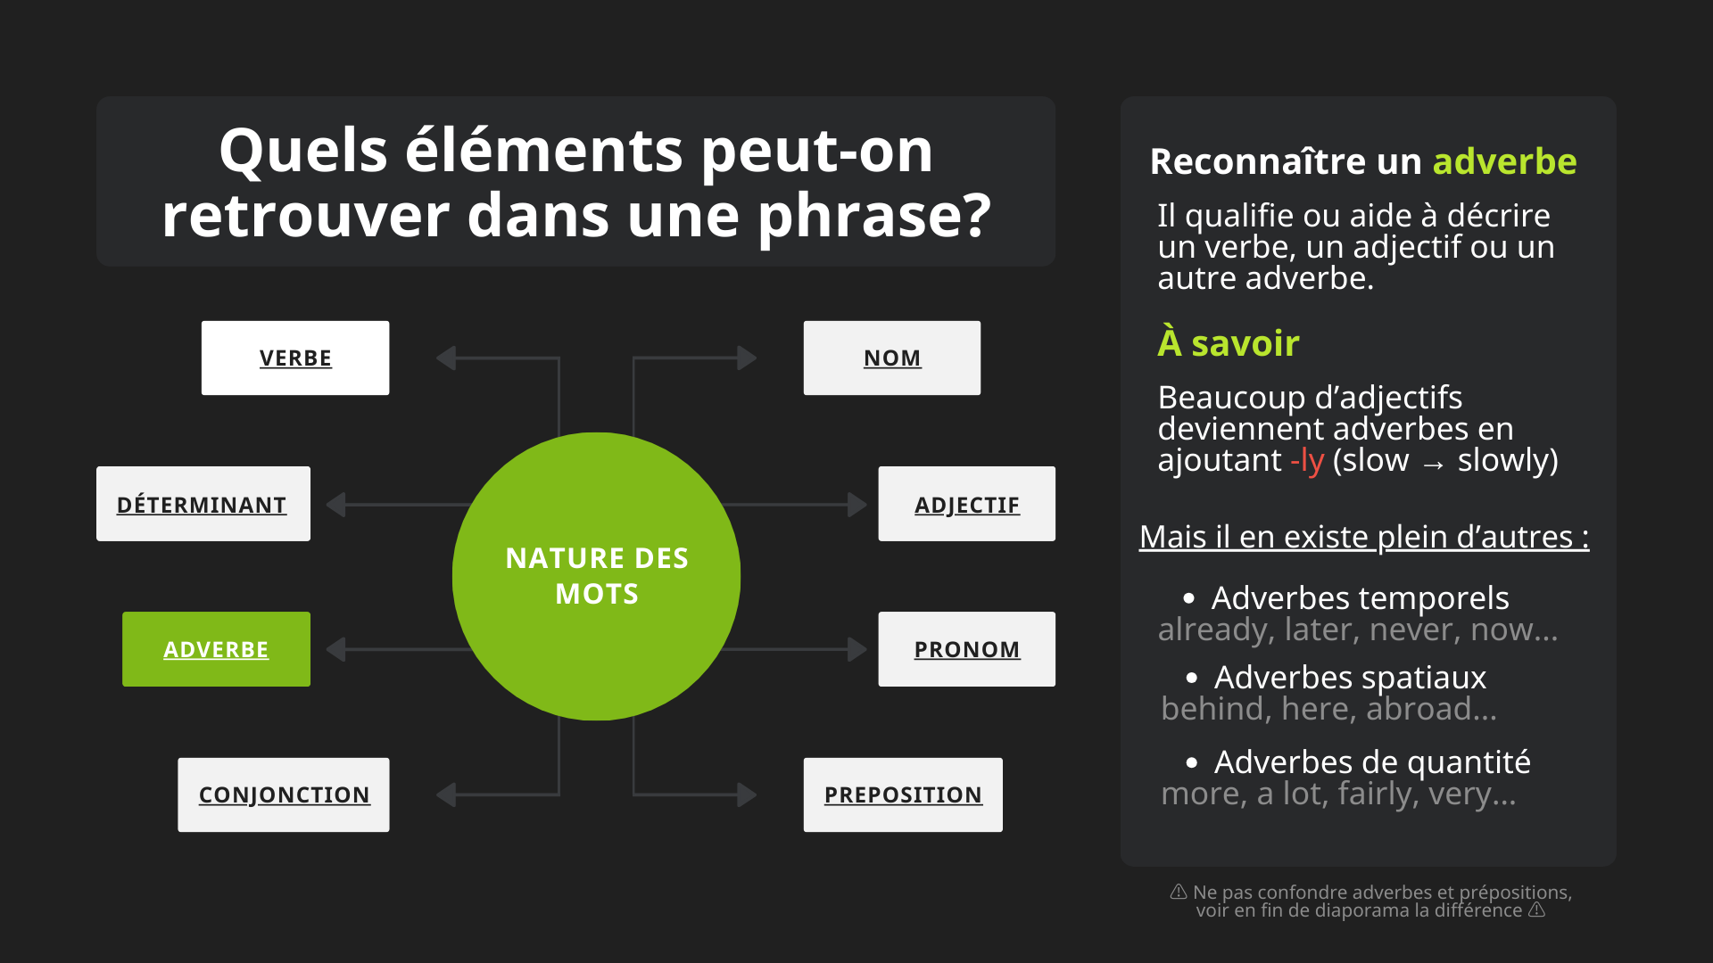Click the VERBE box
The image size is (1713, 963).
pyautogui.click(x=295, y=358)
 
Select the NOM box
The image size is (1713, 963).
pyautogui.click(x=892, y=358)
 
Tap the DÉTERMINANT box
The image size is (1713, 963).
pyautogui.click(x=203, y=504)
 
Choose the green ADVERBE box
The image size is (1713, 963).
pyautogui.click(x=216, y=649)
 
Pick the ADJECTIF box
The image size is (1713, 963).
pyautogui.click(x=967, y=504)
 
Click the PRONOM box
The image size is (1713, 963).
pyautogui.click(x=967, y=649)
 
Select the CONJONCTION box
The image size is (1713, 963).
pyautogui.click(x=284, y=794)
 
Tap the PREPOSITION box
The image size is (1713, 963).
pyautogui.click(x=903, y=794)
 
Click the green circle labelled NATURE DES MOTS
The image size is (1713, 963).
pyautogui.click(x=596, y=576)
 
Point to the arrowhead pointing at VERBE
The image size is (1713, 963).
pyautogui.click(x=446, y=358)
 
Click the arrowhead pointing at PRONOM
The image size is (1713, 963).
pyautogui.click(x=857, y=649)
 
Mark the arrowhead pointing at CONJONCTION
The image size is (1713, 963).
pyautogui.click(x=446, y=794)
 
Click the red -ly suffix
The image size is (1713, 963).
pyautogui.click(x=1307, y=461)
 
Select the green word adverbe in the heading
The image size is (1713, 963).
pyautogui.click(x=1505, y=161)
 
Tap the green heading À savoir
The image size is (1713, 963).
pyautogui.click(x=1229, y=342)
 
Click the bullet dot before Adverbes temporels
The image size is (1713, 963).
pyautogui.click(x=1188, y=598)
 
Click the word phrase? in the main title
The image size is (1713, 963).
pyautogui.click(x=874, y=217)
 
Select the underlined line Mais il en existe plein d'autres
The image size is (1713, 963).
pyautogui.click(x=1364, y=537)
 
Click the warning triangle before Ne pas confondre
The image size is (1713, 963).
pyautogui.click(x=1179, y=892)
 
